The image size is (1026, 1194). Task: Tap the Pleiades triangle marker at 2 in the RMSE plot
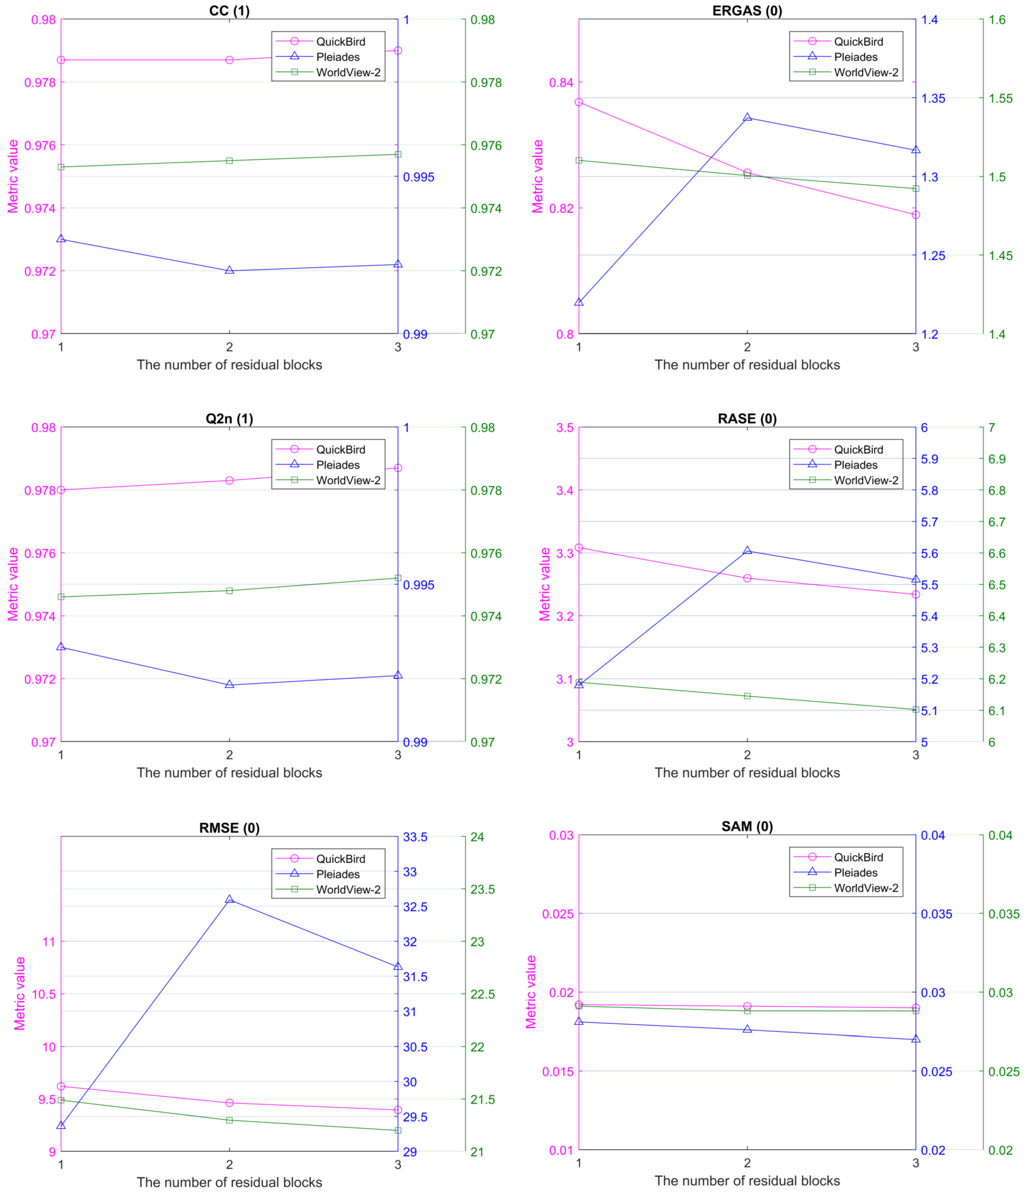(x=229, y=899)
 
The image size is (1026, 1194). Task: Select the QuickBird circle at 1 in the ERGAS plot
(x=579, y=102)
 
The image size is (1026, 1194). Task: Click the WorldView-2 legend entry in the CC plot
(x=347, y=73)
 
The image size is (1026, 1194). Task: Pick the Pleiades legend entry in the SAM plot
(x=855, y=872)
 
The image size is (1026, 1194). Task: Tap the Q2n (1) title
(x=229, y=419)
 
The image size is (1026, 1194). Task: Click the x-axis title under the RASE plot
(x=747, y=773)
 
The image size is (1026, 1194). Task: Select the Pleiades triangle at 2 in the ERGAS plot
(x=747, y=117)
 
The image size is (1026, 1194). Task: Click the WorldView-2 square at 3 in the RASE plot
(x=915, y=709)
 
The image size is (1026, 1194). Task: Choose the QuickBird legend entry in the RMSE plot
(x=340, y=859)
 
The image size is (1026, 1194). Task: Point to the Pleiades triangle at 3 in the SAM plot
(x=915, y=1039)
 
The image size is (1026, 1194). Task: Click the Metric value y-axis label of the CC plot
(x=13, y=176)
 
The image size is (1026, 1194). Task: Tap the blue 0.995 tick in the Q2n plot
(x=418, y=585)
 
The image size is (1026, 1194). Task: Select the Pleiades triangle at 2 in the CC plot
(x=229, y=270)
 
